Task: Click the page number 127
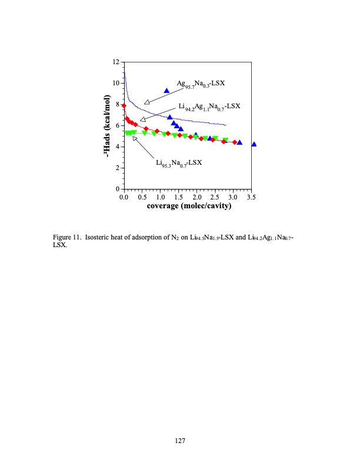(180, 439)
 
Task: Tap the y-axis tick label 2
(118, 168)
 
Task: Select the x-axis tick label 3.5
(252, 197)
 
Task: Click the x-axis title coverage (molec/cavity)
(188, 207)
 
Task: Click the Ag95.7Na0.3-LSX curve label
(201, 84)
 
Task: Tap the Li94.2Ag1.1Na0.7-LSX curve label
(209, 106)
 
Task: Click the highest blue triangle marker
(166, 90)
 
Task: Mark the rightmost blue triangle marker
(254, 144)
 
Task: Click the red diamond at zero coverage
(124, 106)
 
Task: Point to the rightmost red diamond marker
(235, 142)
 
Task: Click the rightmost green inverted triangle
(225, 140)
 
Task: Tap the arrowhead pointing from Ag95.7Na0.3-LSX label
(147, 102)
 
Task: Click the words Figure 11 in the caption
(66, 238)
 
